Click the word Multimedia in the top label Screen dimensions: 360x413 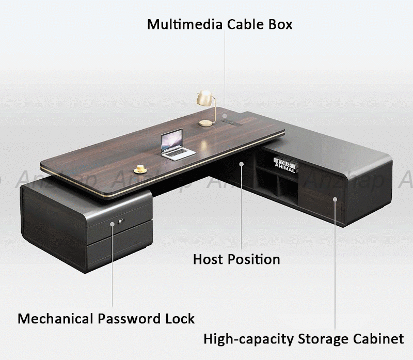[x=178, y=24]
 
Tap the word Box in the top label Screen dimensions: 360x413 [x=281, y=24]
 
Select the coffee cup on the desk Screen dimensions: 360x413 [x=139, y=168]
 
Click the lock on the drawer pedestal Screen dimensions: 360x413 [x=122, y=222]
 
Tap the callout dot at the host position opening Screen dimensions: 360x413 [x=241, y=164]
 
